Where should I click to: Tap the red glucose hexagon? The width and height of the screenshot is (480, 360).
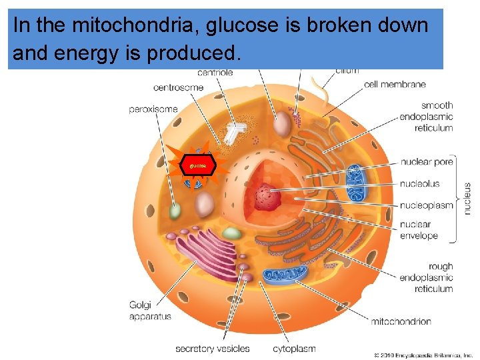click(x=199, y=164)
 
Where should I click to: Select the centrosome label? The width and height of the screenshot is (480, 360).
click(x=179, y=87)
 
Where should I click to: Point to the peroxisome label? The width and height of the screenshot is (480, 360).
click(x=153, y=109)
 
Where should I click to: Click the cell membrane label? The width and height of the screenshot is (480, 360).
click(x=395, y=85)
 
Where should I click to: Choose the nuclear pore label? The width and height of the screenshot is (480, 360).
click(x=427, y=162)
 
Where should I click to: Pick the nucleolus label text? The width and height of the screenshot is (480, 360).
click(x=420, y=183)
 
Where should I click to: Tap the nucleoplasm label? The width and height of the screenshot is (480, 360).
click(x=427, y=205)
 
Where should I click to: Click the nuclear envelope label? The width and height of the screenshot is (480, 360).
click(x=419, y=230)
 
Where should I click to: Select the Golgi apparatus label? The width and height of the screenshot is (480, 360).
click(x=150, y=311)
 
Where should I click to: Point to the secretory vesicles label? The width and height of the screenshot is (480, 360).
click(x=212, y=348)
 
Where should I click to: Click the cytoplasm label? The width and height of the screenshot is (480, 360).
click(x=294, y=348)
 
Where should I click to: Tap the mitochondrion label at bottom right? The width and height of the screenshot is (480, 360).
click(x=401, y=321)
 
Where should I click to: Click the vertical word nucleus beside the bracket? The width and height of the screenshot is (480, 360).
click(x=467, y=199)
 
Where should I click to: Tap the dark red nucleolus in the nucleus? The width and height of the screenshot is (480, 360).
click(x=269, y=197)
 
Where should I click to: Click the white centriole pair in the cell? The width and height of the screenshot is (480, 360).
click(x=233, y=133)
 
